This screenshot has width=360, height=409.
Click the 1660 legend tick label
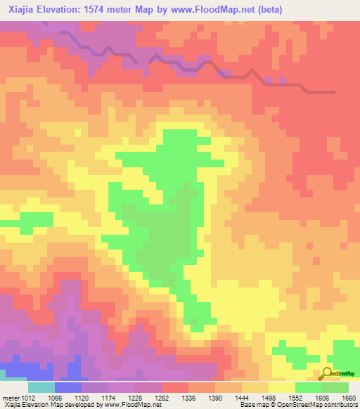[x=349, y=398]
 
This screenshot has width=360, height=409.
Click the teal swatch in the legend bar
[x=41, y=387]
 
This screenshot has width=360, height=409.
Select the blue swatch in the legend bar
[x=68, y=387]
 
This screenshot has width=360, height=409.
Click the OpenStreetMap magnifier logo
[x=328, y=375]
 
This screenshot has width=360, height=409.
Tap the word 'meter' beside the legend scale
[x=11, y=398]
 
